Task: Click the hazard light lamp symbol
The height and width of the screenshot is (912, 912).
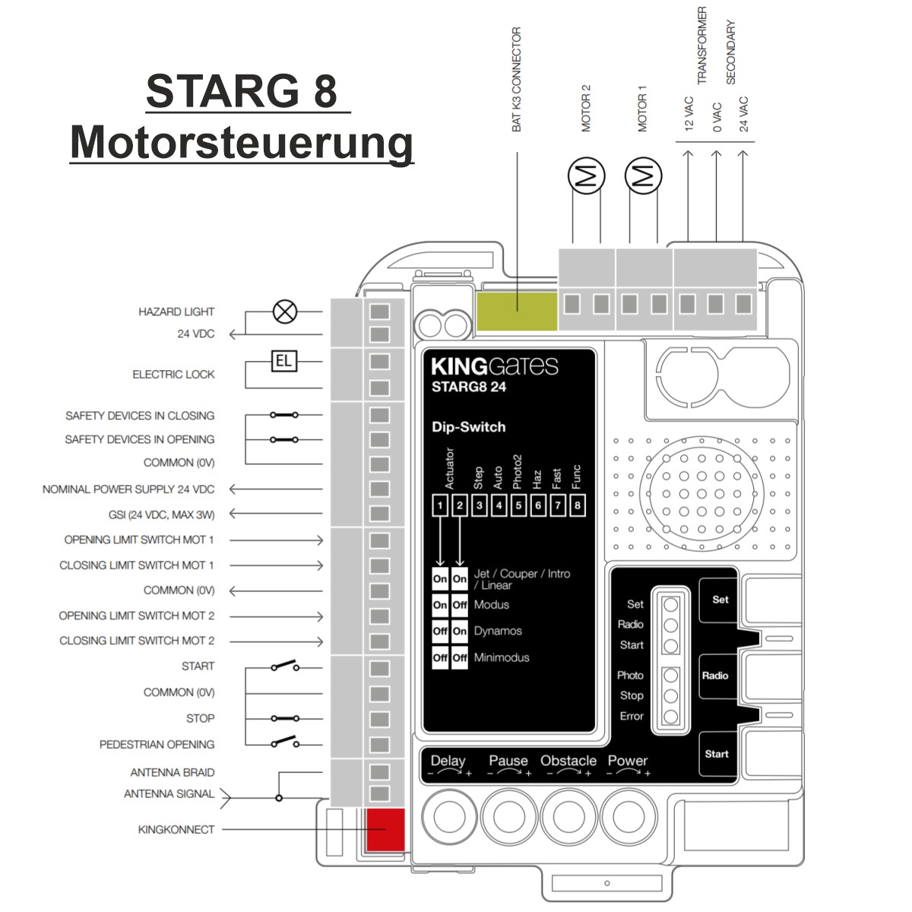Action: click(285, 312)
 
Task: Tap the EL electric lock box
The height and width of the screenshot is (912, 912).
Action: click(284, 361)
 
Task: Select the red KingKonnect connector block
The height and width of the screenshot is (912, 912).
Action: click(386, 830)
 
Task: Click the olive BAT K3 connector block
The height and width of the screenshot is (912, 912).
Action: click(517, 311)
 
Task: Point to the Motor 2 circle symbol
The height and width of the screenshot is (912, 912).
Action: click(587, 176)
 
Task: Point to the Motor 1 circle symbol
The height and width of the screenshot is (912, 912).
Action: click(643, 176)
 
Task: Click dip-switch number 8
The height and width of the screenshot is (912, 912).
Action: click(577, 505)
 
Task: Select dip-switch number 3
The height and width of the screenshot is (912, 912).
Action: click(480, 505)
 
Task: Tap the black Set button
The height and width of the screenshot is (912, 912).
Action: click(719, 600)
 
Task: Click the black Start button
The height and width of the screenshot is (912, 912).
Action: click(717, 755)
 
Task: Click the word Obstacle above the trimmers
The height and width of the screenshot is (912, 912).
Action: click(568, 761)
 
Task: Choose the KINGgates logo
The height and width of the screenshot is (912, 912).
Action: click(495, 366)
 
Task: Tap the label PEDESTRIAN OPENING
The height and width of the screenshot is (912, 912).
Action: click(157, 745)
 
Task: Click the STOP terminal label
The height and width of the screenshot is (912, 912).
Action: click(200, 718)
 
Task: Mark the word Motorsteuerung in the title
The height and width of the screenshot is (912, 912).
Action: click(242, 143)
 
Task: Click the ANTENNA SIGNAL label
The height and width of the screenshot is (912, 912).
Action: click(169, 793)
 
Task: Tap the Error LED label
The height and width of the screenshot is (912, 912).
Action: click(632, 716)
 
